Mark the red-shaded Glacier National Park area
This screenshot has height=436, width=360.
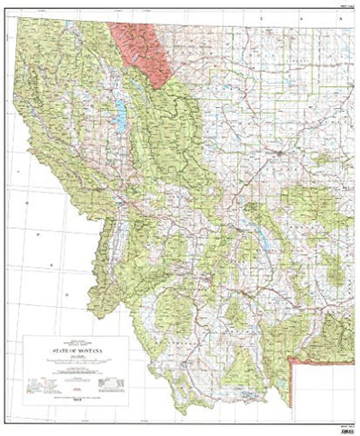click(141, 50)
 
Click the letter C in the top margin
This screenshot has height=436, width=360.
click(261, 17)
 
